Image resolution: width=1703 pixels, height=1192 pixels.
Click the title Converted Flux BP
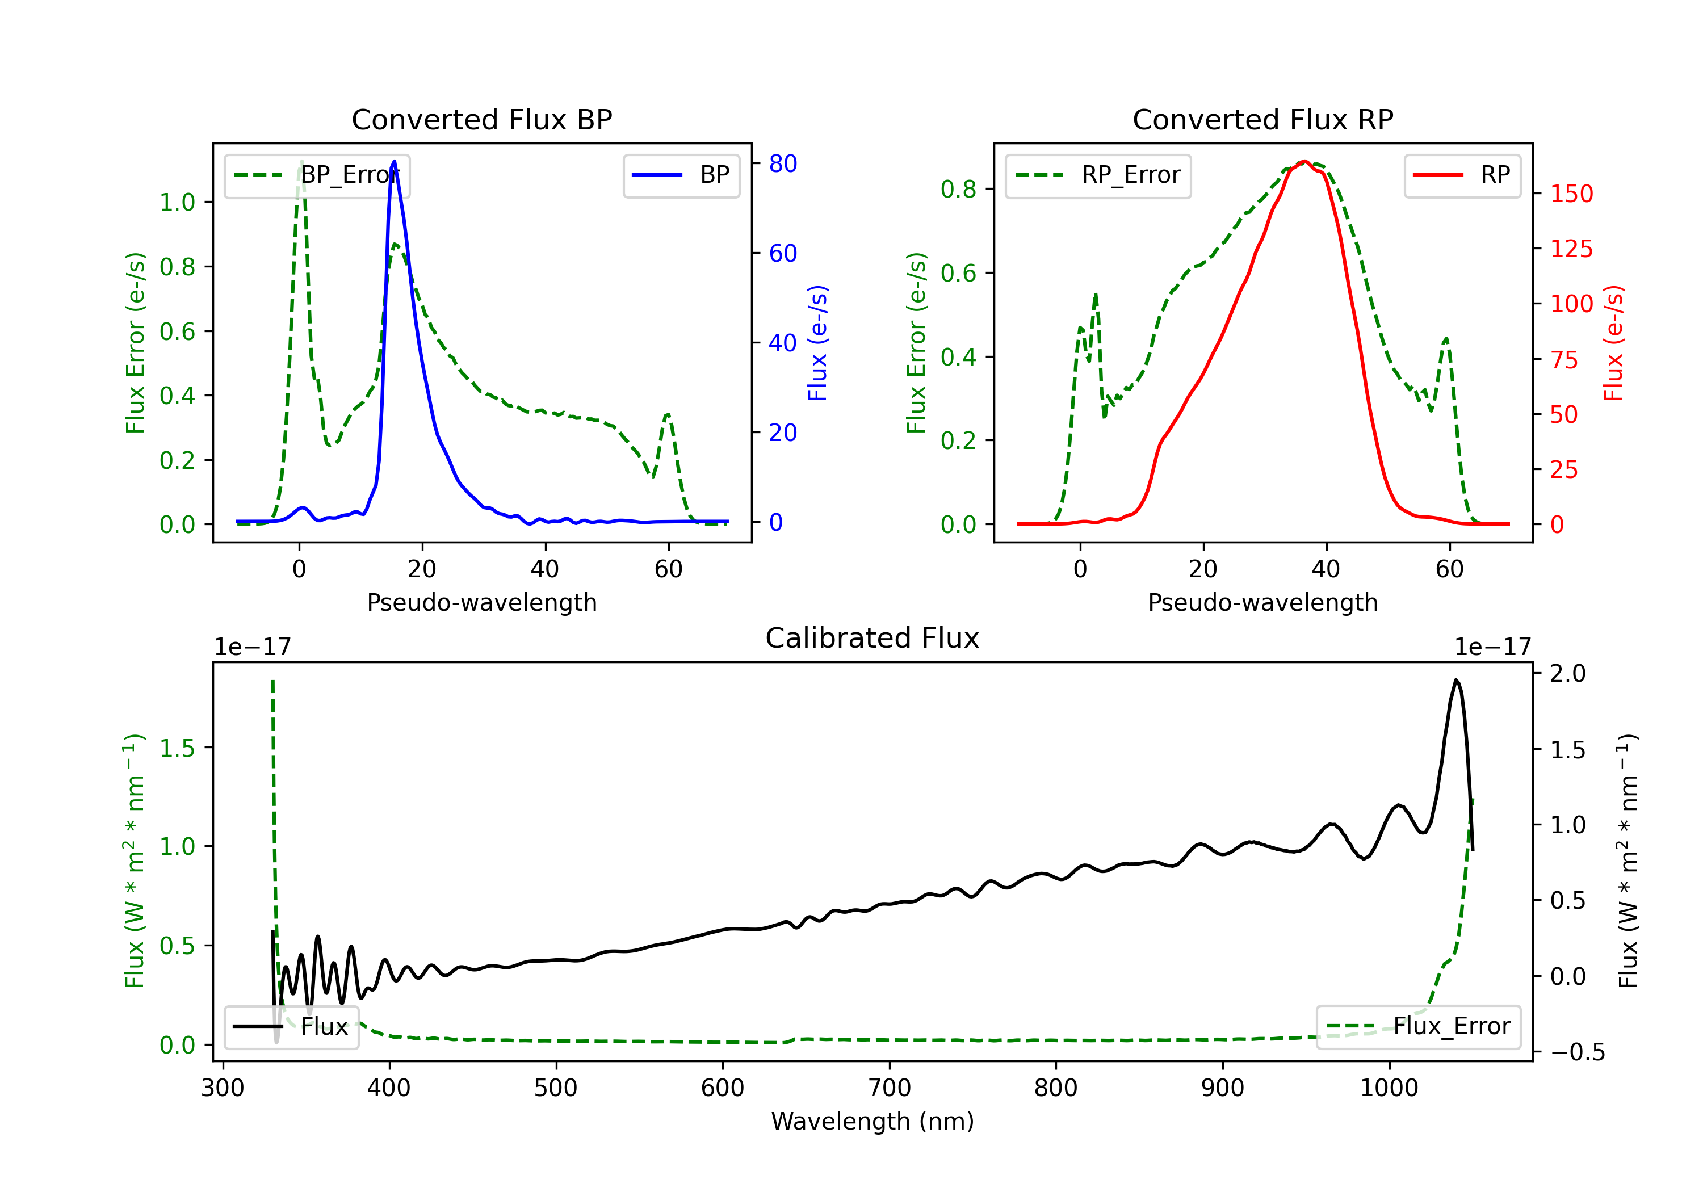pos(481,119)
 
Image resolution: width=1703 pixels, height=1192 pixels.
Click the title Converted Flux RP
pos(1262,119)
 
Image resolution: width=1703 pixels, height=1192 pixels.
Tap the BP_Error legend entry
pos(317,175)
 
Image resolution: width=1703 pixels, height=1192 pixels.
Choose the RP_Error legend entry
pos(1098,175)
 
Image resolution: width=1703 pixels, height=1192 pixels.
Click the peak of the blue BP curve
pos(394,161)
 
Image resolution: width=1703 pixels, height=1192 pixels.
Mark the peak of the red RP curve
pos(1304,161)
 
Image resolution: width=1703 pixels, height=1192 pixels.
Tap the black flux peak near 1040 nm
pos(1456,679)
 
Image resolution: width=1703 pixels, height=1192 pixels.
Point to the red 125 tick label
pos(1571,249)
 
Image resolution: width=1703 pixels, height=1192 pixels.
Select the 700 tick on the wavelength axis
pos(890,1088)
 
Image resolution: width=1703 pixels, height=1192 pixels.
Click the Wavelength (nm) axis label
pos(873,1121)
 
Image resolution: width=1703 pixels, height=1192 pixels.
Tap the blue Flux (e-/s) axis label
pos(817,343)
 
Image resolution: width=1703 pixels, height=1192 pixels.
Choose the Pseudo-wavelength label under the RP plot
pos(1262,602)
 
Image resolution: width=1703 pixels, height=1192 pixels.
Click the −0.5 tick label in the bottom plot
pos(1577,1052)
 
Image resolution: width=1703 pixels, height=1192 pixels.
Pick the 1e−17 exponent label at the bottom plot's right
pos(1492,647)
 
